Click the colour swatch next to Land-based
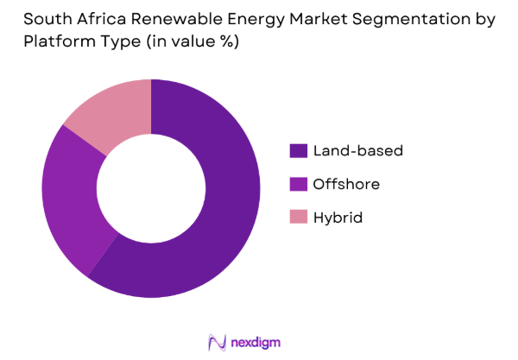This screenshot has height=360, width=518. (x=299, y=150)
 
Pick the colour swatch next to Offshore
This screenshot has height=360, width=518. (x=299, y=184)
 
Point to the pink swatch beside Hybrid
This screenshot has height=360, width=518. (x=299, y=218)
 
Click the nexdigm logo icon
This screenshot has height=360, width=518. (x=218, y=342)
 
